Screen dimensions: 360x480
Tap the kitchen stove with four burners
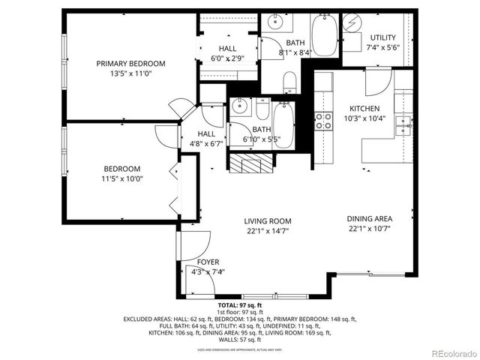click(x=323, y=121)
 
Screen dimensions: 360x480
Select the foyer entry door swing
click(x=193, y=244)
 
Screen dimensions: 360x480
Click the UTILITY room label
click(x=383, y=37)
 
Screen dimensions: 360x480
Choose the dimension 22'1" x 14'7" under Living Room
click(x=267, y=231)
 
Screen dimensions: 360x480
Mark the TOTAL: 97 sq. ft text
click(x=240, y=306)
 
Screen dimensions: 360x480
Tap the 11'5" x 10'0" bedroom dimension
click(x=121, y=178)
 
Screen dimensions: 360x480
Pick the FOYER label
click(x=208, y=262)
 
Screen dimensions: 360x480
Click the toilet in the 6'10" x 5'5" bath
click(x=262, y=110)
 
